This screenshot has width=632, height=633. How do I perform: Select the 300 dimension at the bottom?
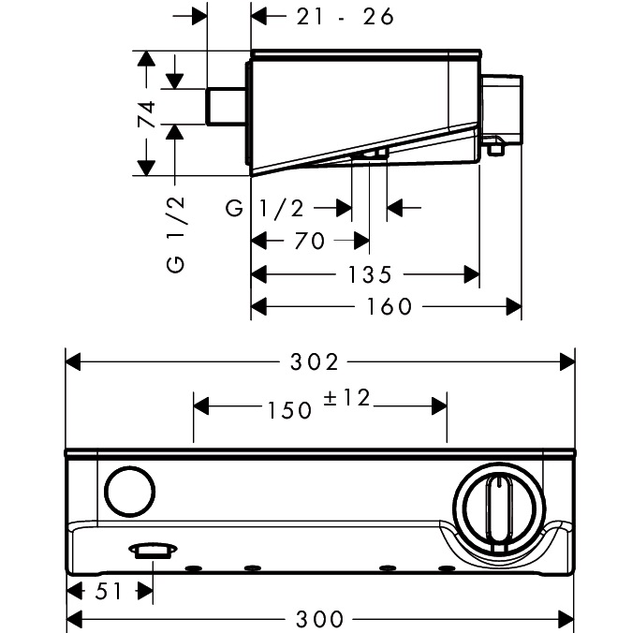[x=318, y=618]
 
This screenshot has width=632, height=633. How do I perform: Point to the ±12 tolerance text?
[x=347, y=399]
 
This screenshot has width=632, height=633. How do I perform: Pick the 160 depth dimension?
[x=389, y=306]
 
